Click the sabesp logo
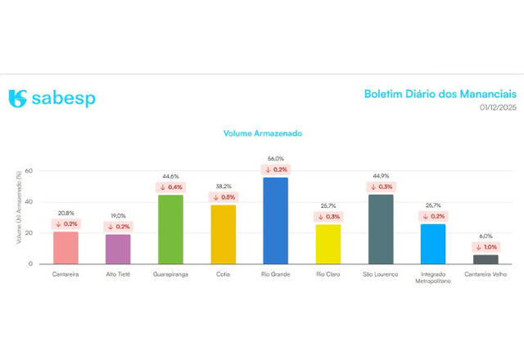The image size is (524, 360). coord(52,99)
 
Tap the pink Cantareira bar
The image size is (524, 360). coord(65,248)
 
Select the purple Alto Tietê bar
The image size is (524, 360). coord(118,249)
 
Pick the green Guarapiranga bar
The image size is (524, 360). coord(170,229)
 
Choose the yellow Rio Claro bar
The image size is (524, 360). coord(327,244)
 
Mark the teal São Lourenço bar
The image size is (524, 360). coord(381,229)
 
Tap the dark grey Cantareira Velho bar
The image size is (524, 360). coord(486,259)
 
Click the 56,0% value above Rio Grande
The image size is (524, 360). coord(275,159)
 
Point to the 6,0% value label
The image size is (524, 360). coord(486,236)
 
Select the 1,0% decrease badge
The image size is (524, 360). coord(486,246)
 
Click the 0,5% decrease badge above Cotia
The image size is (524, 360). coord(223,197)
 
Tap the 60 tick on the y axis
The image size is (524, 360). coord(28,171)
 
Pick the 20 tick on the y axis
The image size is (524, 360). coord(28,233)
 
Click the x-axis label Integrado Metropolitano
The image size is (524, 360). coord(433,278)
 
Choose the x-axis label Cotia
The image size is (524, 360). coord(223,274)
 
